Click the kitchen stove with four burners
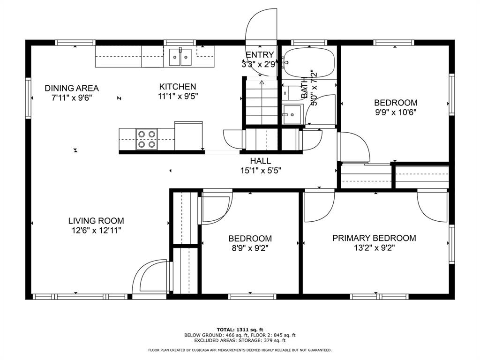[146, 139]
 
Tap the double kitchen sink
[180, 58]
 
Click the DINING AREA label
[72, 88]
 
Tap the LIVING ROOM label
[96, 221]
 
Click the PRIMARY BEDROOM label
[374, 238]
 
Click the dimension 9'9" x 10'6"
[395, 112]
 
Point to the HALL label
[261, 161]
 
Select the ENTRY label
[259, 55]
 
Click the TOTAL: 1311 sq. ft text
[240, 330]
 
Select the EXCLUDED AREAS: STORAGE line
[240, 341]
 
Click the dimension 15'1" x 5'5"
[261, 171]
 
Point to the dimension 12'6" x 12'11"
[96, 231]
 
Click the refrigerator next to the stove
[188, 136]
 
